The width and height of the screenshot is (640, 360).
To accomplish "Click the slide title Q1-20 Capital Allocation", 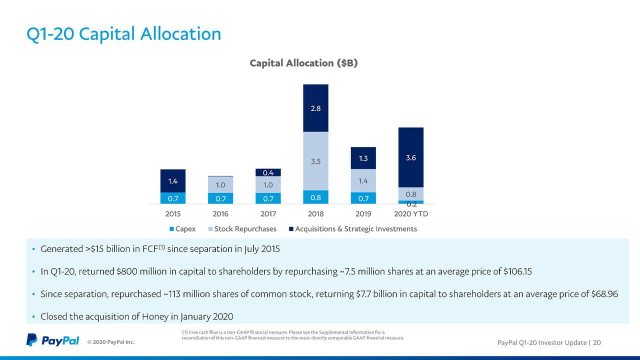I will (x=123, y=34).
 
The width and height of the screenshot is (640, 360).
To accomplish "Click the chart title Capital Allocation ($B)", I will (x=303, y=63).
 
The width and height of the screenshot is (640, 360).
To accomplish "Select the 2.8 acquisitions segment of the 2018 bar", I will (x=315, y=108).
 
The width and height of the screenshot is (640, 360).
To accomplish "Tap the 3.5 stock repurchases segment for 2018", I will (x=315, y=161).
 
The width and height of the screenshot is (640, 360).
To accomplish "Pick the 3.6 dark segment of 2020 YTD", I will (x=410, y=157).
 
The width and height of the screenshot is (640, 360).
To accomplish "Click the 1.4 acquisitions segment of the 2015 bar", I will (x=172, y=181).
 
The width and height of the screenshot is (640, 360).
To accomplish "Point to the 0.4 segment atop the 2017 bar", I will (x=268, y=172).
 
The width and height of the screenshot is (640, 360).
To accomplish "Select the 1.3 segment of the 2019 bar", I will (x=363, y=158).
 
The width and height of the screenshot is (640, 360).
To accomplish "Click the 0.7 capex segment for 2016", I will (x=220, y=198).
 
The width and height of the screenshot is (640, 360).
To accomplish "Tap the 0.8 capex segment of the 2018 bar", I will (x=315, y=197).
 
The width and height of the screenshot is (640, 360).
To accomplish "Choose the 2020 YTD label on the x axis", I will (x=410, y=214).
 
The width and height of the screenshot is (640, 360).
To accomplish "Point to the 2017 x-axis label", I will (x=268, y=214).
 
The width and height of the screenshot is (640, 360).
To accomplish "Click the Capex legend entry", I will (x=182, y=229).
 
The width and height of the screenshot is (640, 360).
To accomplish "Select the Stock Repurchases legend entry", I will (x=242, y=229).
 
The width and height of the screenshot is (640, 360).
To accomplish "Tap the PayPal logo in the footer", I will (x=53, y=340).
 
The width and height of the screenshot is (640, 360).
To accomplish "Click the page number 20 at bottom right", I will (x=597, y=342).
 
